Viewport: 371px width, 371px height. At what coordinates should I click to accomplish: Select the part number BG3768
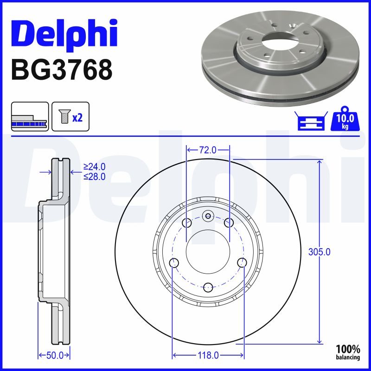coord(62,70)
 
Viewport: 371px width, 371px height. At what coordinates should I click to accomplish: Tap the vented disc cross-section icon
coord(30,116)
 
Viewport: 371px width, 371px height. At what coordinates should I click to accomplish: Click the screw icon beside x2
coord(64,116)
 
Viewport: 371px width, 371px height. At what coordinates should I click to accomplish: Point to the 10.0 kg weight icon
coord(345,119)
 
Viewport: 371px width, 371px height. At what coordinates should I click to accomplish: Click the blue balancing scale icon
coord(311,121)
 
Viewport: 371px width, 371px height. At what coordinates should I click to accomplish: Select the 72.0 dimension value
coord(207,150)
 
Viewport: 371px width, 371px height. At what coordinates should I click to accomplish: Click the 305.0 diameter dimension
coord(319,252)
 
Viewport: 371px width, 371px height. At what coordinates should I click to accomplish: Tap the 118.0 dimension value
coord(208,355)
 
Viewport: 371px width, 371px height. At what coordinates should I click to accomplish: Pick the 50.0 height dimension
coord(55,355)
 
